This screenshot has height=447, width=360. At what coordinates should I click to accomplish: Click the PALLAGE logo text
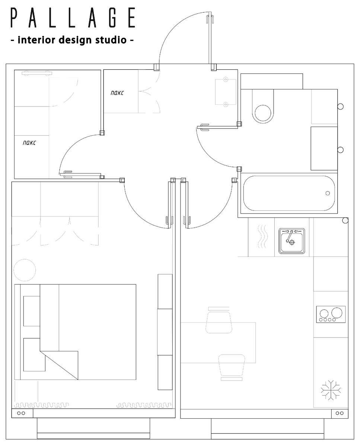pos(73,18)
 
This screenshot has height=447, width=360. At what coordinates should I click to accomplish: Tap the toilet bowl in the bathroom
pos(263,106)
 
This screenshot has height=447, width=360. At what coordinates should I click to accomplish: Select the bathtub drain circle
pos(328,193)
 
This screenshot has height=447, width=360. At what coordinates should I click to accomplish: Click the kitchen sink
pos(292,241)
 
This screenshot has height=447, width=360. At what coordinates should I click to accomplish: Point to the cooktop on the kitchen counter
pos(331,314)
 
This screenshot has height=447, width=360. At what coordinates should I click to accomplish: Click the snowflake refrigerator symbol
pos(331,390)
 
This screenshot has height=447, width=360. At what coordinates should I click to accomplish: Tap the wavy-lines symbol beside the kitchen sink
pos(262,237)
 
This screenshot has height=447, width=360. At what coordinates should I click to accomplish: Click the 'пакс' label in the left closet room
pos(29,143)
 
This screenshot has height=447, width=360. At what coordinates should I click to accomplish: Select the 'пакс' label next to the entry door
pos(117,93)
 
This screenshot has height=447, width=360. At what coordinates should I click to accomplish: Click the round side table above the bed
pos(25,270)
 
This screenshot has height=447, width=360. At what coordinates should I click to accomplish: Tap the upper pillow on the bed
pos(32,311)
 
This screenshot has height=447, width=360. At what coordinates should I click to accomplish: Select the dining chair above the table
pos(219,321)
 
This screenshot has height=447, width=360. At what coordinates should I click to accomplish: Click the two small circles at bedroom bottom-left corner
pos(21,413)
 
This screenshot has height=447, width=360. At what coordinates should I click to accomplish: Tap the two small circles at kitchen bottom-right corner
pos(340,413)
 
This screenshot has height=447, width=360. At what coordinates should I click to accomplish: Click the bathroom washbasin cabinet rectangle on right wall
pos(324,148)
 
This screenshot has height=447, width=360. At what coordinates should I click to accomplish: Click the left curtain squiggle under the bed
pos(41,405)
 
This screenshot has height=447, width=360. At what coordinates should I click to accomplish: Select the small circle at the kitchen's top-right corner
pos(345,221)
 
